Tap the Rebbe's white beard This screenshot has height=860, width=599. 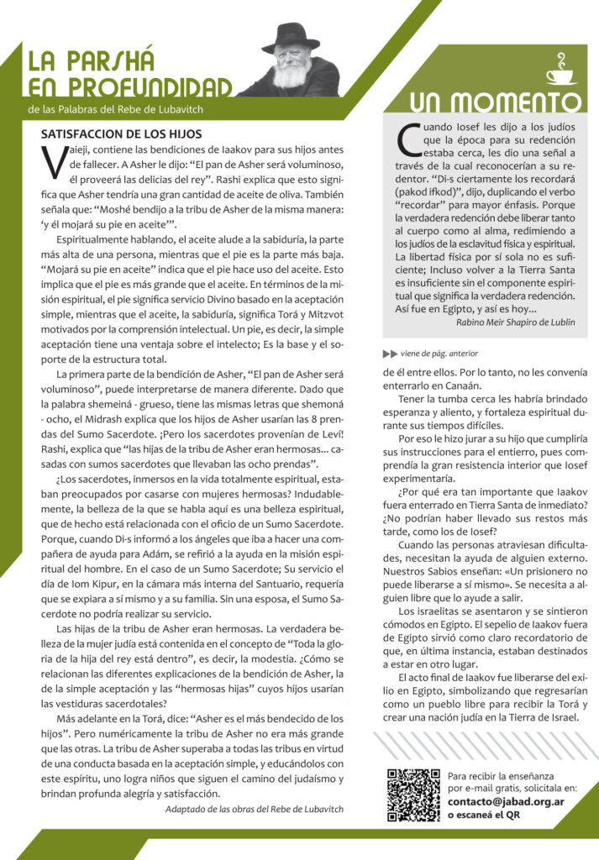pyautogui.click(x=290, y=75)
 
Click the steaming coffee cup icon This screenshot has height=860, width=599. pyautogui.click(x=560, y=71)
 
